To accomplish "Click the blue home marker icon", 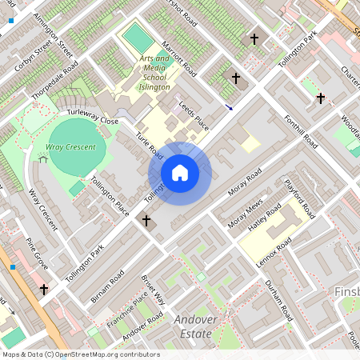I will tap(180, 173).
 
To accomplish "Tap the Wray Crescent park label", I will tap(76, 148).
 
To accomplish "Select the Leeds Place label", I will tap(194, 116).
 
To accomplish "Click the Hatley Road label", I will tap(265, 218).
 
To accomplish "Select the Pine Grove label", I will tap(38, 253).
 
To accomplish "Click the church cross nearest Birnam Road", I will tap(146, 220).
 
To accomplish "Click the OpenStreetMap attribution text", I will tap(70, 354).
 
